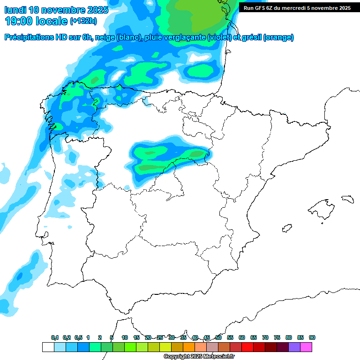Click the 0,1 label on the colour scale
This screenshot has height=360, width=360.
[55, 337]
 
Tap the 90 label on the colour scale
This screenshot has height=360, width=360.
[312, 337]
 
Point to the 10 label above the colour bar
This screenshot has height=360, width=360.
[125, 337]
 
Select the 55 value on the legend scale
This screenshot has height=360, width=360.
[230, 337]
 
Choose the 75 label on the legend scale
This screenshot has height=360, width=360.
[277, 337]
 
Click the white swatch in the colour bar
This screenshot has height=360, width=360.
[48, 347]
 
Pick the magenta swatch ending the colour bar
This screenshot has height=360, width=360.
[306, 347]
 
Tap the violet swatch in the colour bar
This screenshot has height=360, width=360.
[294, 347]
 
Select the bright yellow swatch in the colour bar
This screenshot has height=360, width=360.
[165, 347]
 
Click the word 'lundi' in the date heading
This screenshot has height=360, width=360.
[15, 10]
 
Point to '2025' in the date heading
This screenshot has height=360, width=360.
[95, 10]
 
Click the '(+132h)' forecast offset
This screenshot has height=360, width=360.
[83, 21]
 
